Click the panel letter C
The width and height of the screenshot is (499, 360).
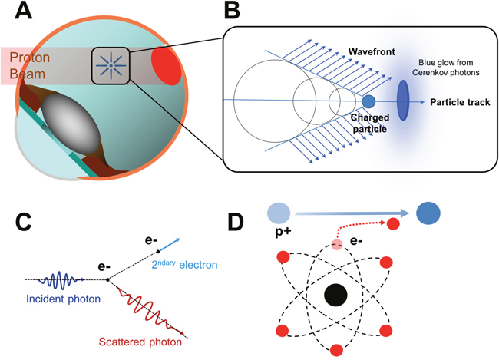point(25,222)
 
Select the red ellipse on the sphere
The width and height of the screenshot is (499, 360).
point(166,66)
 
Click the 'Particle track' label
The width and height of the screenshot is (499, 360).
point(461,101)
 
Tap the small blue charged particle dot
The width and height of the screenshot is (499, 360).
point(368,101)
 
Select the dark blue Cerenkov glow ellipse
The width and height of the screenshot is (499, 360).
point(404,101)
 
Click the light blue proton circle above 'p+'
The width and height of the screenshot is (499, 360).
point(279,213)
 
